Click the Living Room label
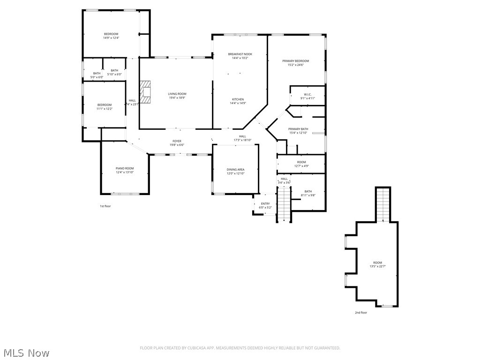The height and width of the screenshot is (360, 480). tap(177, 94)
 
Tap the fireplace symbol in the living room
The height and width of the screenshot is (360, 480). tap(146, 92)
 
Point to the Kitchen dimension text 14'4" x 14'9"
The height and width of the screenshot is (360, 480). tap(238, 104)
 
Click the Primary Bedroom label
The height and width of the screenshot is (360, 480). tap(295, 61)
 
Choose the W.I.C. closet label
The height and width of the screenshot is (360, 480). tap(307, 94)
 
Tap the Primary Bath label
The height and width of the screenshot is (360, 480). tap(298, 129)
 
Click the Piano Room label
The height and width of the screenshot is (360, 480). tap(125, 168)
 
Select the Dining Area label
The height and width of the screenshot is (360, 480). tap(235, 170)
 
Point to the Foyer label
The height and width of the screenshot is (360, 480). tap(177, 141)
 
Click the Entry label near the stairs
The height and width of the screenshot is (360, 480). tap(265, 203)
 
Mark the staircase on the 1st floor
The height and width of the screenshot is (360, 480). tap(284, 204)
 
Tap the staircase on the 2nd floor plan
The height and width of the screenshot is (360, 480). tap(383, 204)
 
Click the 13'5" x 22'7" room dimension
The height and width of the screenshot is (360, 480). tap(377, 267)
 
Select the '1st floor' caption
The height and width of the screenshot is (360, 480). tap(105, 206)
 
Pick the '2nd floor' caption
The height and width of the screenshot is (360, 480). tap(361, 312)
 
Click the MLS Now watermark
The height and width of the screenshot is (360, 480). tap(26, 352)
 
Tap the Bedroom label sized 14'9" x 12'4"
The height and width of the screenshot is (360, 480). tap(111, 34)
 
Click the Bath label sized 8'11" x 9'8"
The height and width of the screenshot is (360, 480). tap(308, 191)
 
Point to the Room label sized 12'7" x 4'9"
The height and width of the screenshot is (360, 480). tap(301, 162)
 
